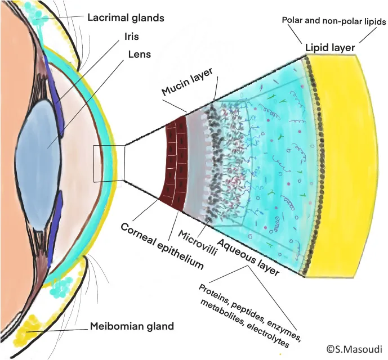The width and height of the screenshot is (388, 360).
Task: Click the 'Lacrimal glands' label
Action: tap(126, 17)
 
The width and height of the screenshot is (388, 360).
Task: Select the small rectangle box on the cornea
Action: tap(109, 163)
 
